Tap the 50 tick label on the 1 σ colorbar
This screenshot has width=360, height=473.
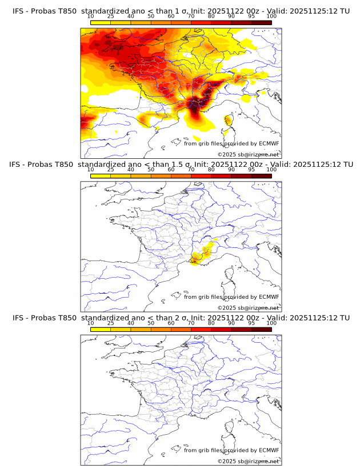point(151,16)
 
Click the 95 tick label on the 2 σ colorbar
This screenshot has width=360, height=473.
point(251,323)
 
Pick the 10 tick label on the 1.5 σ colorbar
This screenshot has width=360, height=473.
point(91,170)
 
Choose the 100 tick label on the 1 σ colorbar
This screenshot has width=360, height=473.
point(271,16)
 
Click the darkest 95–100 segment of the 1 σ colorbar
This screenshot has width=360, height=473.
point(261,22)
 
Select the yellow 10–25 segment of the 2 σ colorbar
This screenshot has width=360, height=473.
point(101,329)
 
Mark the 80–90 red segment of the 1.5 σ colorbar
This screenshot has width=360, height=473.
point(221,176)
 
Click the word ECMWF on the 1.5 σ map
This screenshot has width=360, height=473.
point(269,297)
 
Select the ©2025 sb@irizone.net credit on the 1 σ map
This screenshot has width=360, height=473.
point(248,155)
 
